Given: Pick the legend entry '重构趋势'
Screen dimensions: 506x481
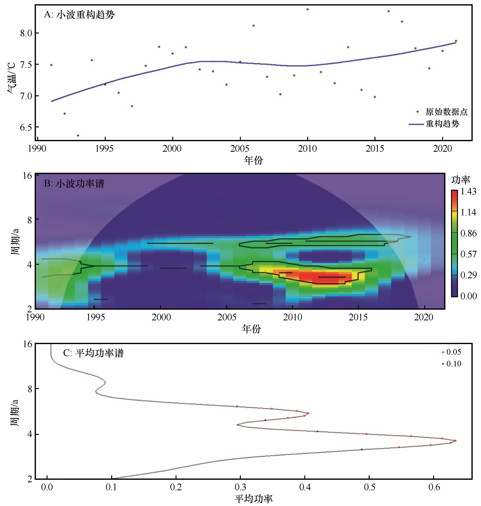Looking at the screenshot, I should [x=442, y=124].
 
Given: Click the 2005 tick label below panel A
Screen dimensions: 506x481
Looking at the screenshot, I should [x=240, y=149].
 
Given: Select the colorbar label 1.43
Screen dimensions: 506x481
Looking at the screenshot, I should [x=468, y=191].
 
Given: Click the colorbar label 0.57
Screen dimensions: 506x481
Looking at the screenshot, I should [x=468, y=254].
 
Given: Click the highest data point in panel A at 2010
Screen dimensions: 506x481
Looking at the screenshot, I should [x=307, y=9].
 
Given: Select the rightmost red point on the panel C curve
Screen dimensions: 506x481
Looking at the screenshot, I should [x=455, y=441].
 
